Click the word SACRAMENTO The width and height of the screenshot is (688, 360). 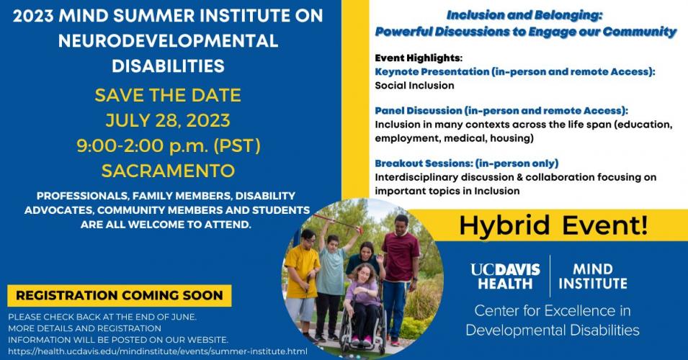tap(168, 171)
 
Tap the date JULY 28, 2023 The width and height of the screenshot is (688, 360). tap(168, 120)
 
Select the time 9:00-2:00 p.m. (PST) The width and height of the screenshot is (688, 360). tap(169, 145)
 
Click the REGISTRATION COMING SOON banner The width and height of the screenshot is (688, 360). tap(120, 295)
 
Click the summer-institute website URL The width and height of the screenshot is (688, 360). tap(158, 351)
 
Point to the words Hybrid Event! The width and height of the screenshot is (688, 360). tap(553, 225)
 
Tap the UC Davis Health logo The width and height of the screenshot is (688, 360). tap(505, 276)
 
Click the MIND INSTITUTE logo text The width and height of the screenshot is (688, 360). tap(593, 276)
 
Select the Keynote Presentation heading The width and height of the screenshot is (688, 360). tap(514, 71)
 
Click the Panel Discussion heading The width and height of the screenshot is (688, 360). tap(501, 110)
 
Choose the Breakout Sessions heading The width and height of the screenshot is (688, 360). tap(466, 163)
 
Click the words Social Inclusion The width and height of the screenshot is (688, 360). tap(414, 86)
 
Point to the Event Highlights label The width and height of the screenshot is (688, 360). tap(419, 58)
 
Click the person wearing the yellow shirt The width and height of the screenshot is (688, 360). tap(302, 281)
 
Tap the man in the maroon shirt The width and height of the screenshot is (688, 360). tap(401, 272)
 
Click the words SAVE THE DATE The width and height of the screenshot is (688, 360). tap(168, 95)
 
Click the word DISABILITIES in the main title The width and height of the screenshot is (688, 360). tap(168, 66)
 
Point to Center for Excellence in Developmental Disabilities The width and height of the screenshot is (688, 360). tap(553, 320)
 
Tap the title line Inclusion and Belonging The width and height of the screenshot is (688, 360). tap(524, 15)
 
